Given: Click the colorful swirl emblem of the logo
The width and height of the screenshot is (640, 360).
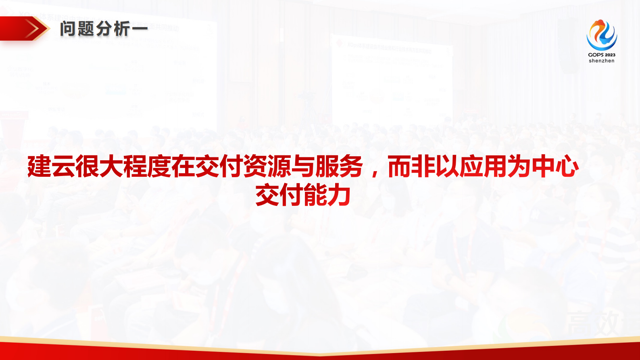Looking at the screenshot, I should tap(601, 35).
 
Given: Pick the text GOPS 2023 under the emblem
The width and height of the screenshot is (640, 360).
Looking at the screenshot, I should tap(601, 55).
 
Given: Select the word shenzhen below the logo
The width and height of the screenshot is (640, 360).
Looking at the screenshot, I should tap(601, 61).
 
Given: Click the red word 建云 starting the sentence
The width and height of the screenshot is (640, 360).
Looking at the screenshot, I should tap(51, 166).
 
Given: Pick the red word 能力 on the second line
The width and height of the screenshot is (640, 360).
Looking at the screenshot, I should tap(327, 195).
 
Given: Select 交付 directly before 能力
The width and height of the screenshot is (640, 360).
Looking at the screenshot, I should tap(279, 195).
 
